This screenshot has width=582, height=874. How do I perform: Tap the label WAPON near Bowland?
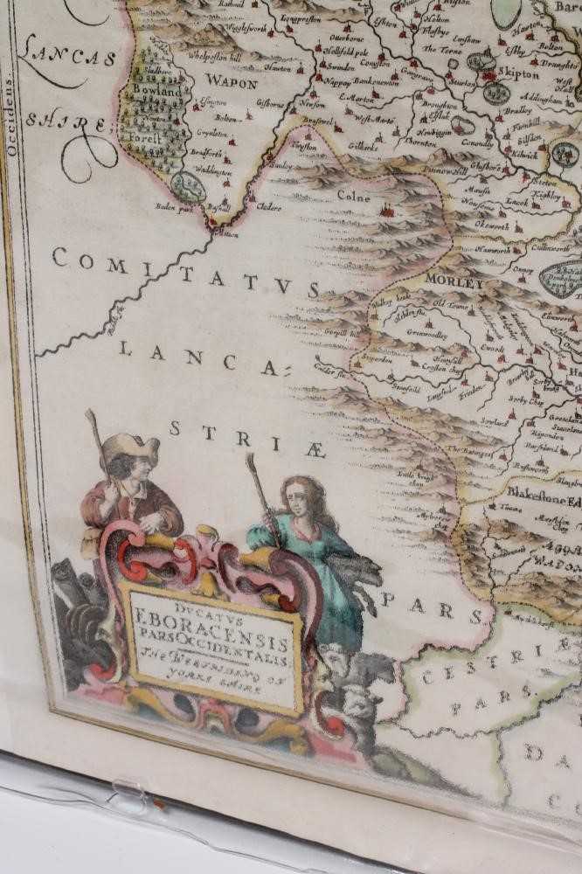pyautogui.click(x=232, y=84)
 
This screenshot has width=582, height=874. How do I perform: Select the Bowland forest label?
pyautogui.click(x=157, y=91)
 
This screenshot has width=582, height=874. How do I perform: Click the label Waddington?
pyautogui.click(x=214, y=173)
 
